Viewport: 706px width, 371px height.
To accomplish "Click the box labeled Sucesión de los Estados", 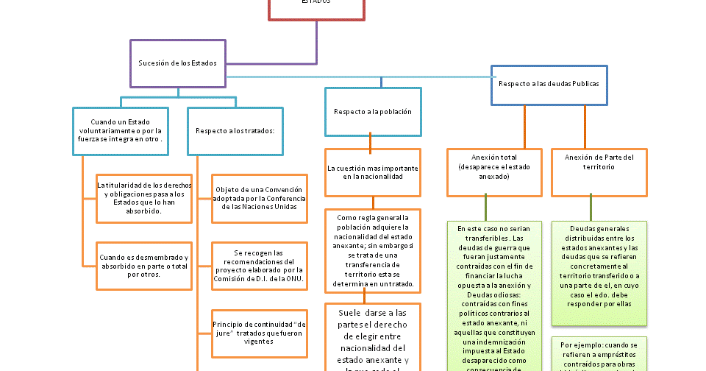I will point(178,63).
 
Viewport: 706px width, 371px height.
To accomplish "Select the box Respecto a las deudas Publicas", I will point(549,85).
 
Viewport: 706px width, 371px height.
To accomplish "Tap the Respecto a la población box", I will point(373,112).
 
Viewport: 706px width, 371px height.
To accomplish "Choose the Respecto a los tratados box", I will point(235,131).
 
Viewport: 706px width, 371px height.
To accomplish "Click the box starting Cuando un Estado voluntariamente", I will point(121,130).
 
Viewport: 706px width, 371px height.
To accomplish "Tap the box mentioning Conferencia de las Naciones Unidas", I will point(259,198).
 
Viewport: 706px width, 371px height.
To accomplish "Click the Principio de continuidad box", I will point(259,333).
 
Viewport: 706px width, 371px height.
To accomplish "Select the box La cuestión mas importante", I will point(373,172).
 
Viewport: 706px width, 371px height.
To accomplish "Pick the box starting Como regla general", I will point(373,251).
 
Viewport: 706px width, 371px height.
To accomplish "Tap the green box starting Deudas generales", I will point(599,272).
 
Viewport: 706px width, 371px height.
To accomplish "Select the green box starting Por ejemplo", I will point(599,353).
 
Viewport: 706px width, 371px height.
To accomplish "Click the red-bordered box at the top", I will point(316,7).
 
